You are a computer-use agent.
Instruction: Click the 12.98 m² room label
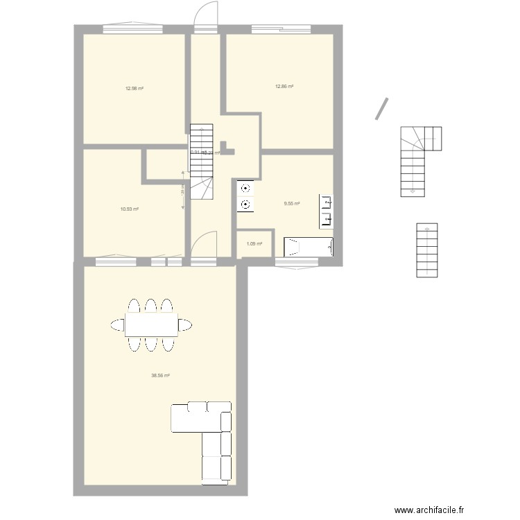[x=134, y=88]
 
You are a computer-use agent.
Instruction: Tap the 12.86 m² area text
[x=284, y=87]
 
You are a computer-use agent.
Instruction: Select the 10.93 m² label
[x=130, y=209]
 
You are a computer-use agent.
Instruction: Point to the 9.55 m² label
[x=292, y=203]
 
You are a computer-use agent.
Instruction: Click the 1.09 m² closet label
[x=254, y=244]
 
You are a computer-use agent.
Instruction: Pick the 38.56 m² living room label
[x=161, y=376]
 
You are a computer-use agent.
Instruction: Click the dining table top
[x=150, y=324]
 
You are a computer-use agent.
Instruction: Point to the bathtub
[x=309, y=248]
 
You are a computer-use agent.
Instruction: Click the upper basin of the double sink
[x=327, y=202]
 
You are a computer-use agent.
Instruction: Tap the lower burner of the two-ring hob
[x=245, y=204]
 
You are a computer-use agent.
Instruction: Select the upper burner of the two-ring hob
[x=245, y=188]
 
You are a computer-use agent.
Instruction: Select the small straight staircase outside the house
[x=426, y=250]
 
